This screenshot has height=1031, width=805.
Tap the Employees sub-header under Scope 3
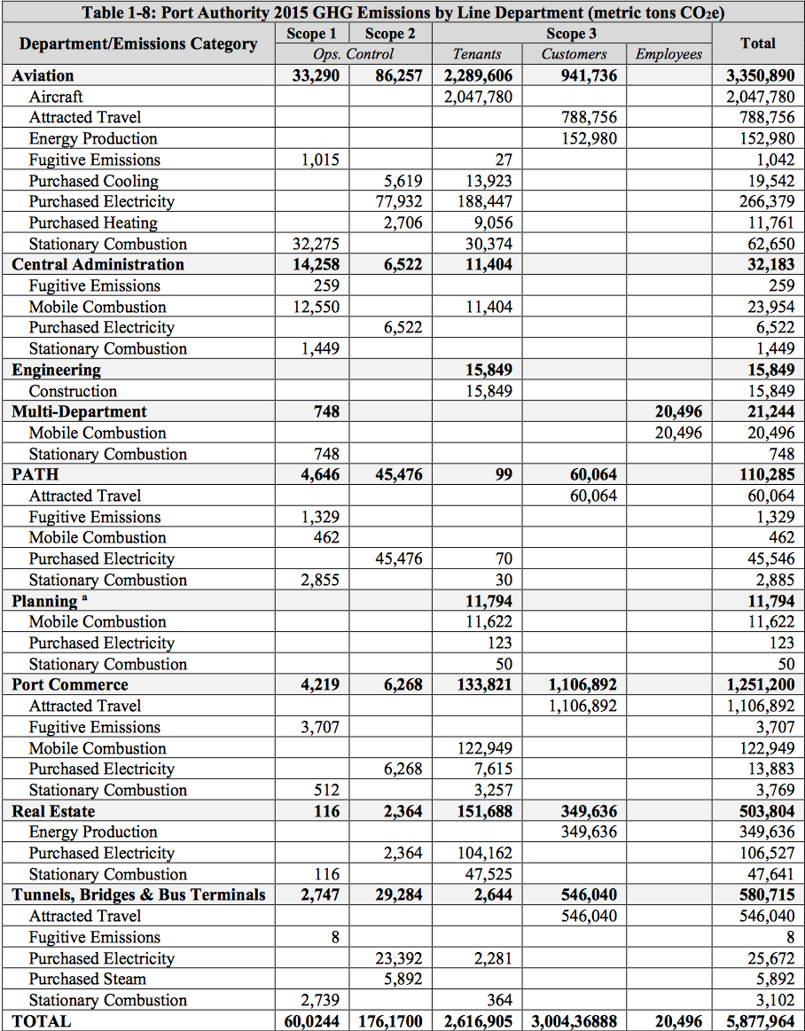coord(668,54)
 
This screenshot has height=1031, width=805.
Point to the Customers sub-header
coord(574,54)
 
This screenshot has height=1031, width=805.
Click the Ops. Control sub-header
coord(354,54)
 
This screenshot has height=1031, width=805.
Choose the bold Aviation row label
coord(43,75)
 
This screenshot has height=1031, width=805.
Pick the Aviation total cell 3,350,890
coord(760,75)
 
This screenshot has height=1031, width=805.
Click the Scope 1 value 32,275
coord(316,244)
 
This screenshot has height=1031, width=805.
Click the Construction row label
coord(73,391)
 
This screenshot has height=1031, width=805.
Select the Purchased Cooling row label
coord(93,181)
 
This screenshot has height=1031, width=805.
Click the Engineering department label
coord(56,370)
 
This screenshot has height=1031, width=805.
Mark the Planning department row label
coord(44,601)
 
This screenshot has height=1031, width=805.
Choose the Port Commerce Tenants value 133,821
coord(481,684)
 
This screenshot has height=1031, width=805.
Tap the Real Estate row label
coord(53,811)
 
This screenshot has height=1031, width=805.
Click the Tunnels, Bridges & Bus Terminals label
coord(138,894)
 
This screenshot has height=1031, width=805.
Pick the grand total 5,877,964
coord(760,1021)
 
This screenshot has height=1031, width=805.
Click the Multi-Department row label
coord(79,411)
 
